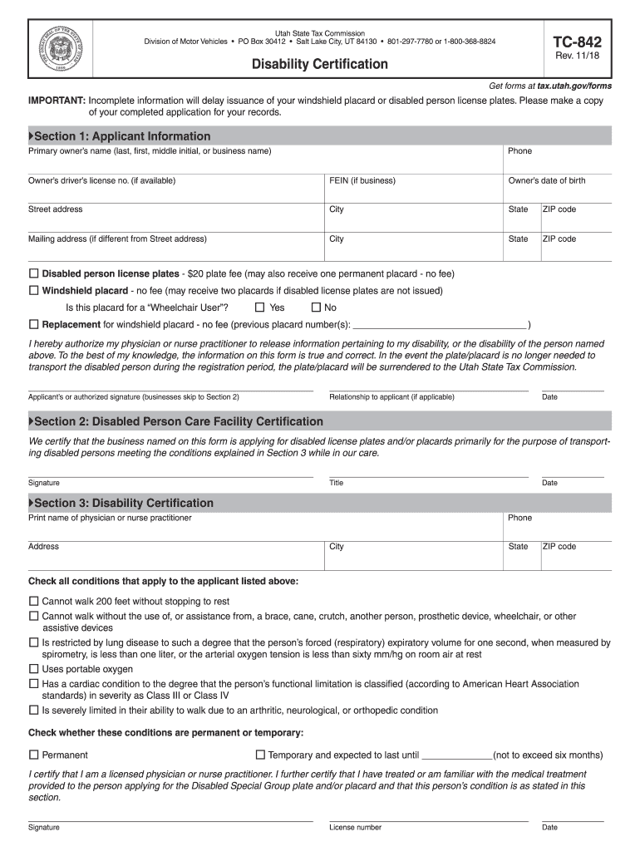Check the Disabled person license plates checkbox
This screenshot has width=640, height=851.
(x=34, y=273)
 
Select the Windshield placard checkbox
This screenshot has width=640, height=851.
(x=34, y=291)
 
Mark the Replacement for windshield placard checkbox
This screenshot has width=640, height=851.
(x=34, y=324)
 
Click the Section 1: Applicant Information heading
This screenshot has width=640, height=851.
(x=122, y=136)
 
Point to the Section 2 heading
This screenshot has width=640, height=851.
(x=178, y=421)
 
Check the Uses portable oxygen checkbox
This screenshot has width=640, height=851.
(x=34, y=669)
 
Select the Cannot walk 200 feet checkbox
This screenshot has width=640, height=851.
(x=34, y=601)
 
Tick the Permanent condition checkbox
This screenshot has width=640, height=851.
(x=34, y=755)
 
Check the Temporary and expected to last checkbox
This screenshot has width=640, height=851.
(x=260, y=755)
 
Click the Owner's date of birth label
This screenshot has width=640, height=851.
(x=546, y=180)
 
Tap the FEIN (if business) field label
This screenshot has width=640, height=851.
(x=362, y=180)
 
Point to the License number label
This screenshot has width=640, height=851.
(x=355, y=827)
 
